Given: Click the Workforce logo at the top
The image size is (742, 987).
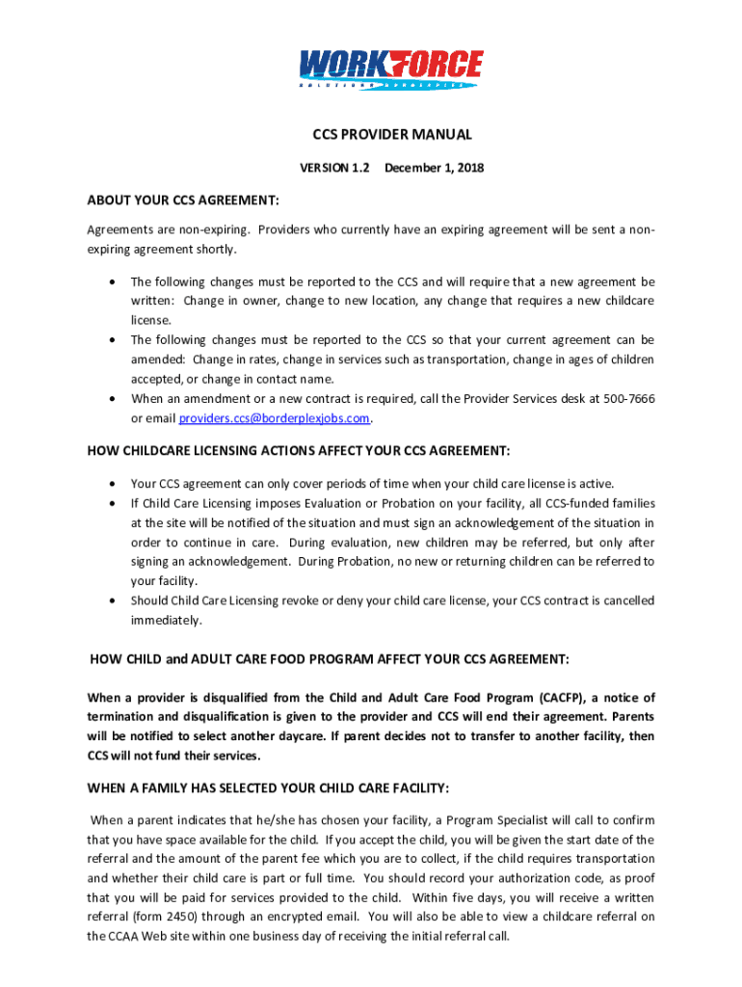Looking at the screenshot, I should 390,69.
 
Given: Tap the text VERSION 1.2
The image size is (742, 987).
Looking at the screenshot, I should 335,168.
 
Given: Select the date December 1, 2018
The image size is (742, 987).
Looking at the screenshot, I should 434,168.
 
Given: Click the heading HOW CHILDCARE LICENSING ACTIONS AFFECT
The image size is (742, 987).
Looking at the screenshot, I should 299,451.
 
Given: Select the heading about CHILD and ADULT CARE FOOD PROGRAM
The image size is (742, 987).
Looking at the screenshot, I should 330,659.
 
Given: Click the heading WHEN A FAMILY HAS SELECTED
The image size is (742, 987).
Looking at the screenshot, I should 268,788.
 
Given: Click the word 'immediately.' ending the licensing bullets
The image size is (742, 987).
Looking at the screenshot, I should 167,621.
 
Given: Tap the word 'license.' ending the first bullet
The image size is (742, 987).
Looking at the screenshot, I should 151,320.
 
